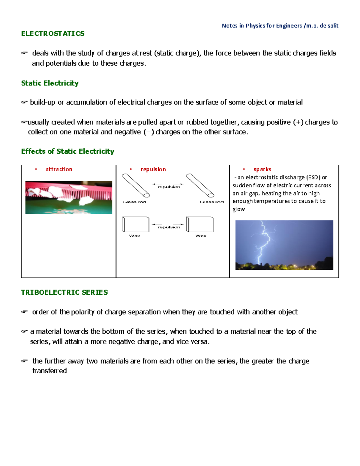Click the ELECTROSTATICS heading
click(53, 34)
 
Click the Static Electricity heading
click(50, 83)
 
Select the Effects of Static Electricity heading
click(67, 151)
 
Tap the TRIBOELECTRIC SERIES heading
click(64, 292)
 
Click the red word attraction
click(59, 169)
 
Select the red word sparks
click(262, 169)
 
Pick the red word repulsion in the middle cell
click(153, 169)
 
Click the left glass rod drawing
click(136, 185)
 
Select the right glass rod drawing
click(200, 185)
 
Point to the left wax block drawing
click(136, 224)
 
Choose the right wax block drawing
click(200, 224)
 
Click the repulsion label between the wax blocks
click(169, 227)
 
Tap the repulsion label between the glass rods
click(169, 187)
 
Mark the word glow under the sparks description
click(239, 209)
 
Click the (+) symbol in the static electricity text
click(298, 122)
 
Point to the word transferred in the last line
click(49, 371)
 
